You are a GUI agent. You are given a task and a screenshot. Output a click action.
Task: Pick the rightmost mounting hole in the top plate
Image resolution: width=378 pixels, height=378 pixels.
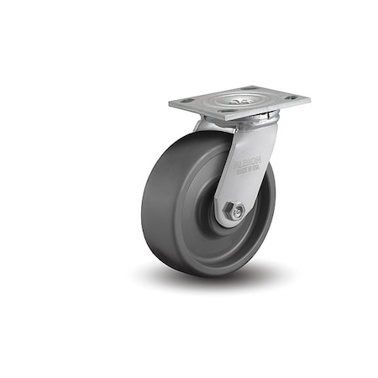[291, 97]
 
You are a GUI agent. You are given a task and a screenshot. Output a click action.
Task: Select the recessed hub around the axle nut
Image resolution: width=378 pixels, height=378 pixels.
[220, 220]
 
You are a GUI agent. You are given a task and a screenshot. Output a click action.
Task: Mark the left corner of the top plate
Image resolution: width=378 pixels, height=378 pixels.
[170, 103]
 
